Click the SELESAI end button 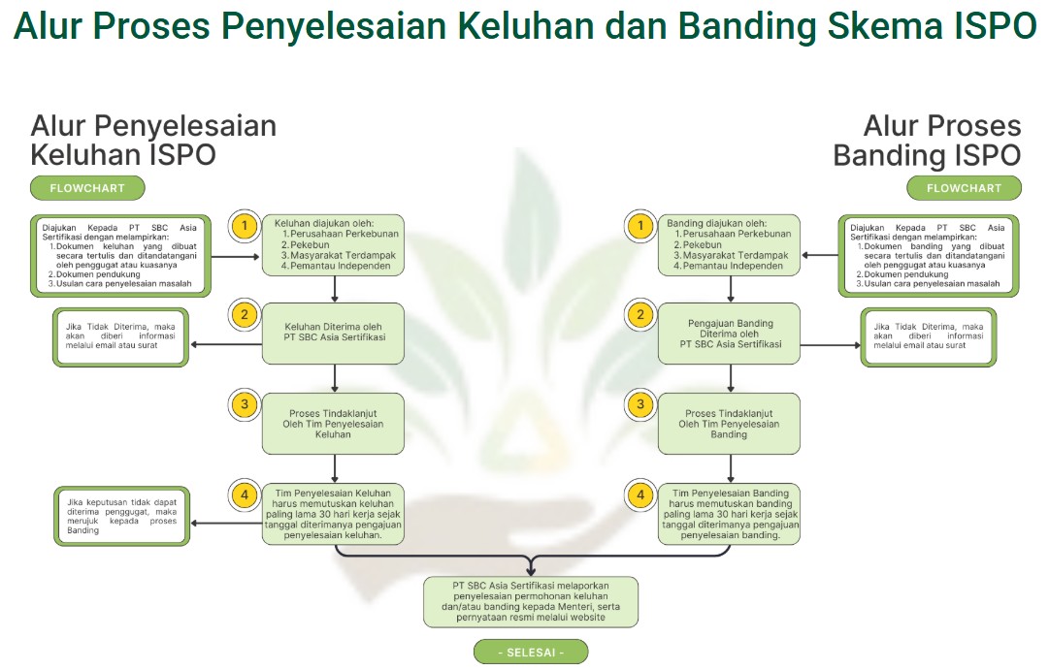coord(531,652)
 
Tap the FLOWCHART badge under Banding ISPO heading coord(964,187)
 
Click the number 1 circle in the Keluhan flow coord(246,227)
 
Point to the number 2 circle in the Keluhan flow coord(246,315)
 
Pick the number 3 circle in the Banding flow coord(640,405)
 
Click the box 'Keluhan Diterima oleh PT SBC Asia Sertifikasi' coord(334,333)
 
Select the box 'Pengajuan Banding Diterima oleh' coord(730,333)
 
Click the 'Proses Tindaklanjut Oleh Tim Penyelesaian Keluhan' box coord(334,424)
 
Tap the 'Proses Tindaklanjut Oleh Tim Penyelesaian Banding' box coord(730,424)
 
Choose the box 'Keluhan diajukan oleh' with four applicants coord(334,244)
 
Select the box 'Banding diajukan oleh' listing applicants coord(730,244)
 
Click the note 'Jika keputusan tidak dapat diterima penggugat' coord(120,517)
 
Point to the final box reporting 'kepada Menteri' coord(531,601)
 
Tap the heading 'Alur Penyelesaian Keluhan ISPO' coord(153,141)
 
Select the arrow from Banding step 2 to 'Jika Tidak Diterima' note coord(831,344)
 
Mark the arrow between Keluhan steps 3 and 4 coord(334,468)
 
